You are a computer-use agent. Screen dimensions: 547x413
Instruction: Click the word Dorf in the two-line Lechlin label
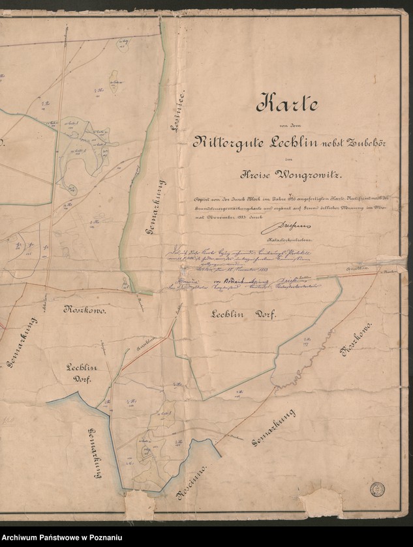pos(80,378)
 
